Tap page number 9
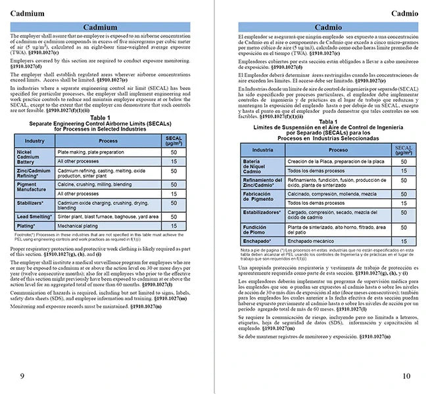pyautogui.click(x=22, y=376)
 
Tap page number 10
pyautogui.click(x=406, y=376)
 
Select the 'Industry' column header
pyautogui.click(x=35, y=141)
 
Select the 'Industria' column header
pyautogui.click(x=262, y=150)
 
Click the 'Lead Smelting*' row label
pyautogui.click(x=35, y=216)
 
